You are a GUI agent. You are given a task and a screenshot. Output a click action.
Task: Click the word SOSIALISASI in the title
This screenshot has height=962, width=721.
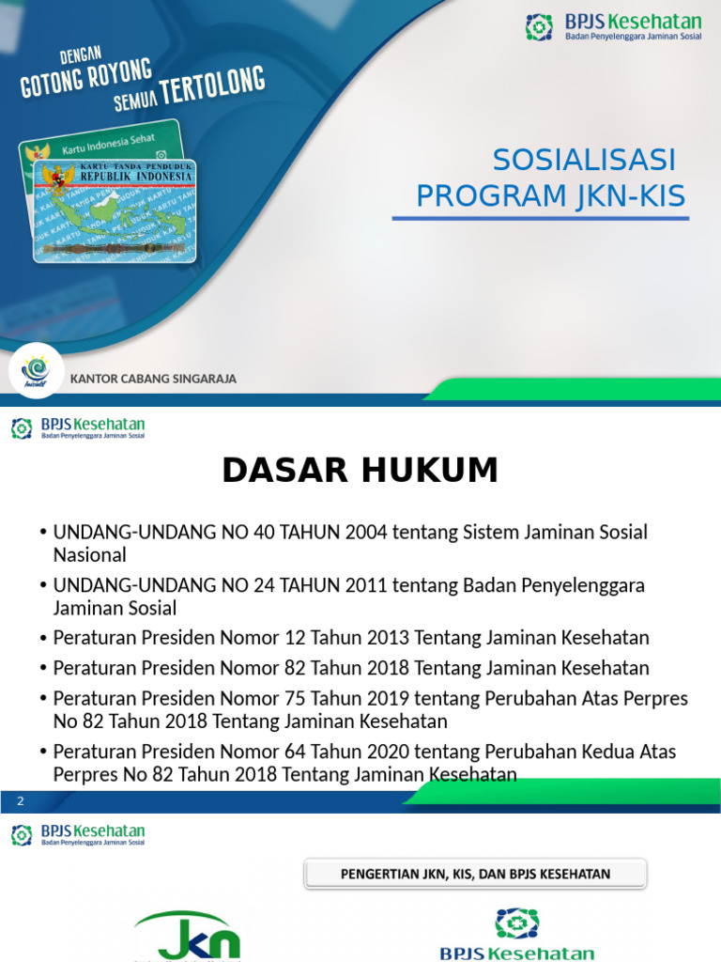[x=584, y=161]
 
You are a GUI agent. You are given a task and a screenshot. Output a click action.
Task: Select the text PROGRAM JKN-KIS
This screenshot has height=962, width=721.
[x=551, y=196]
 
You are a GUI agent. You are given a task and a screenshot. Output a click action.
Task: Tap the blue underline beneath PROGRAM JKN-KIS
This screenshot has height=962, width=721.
[x=540, y=218]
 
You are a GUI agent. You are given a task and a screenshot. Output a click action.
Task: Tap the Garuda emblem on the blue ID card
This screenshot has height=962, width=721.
[x=61, y=178]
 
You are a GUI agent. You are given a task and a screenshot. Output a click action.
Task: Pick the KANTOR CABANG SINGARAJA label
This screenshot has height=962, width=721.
[x=153, y=379]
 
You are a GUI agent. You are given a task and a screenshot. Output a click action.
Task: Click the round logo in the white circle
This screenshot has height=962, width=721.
[x=36, y=369]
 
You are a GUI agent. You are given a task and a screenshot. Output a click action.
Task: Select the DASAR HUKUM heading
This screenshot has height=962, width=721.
[x=360, y=471]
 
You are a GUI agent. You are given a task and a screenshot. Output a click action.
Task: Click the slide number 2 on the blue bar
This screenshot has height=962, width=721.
[x=19, y=800]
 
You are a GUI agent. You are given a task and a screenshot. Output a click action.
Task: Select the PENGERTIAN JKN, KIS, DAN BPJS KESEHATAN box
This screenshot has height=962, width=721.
[x=475, y=874]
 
